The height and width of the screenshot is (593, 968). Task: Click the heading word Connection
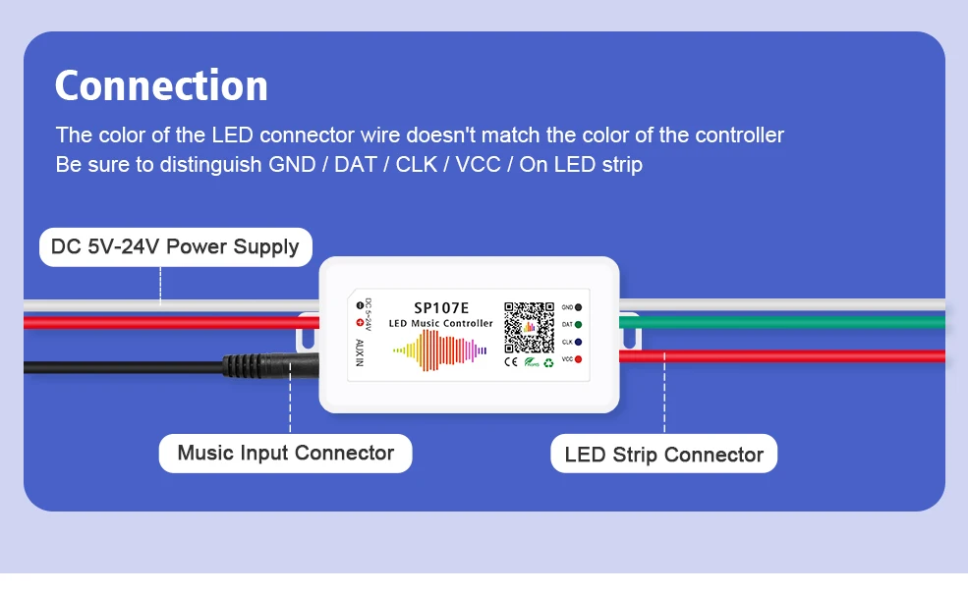point(161,85)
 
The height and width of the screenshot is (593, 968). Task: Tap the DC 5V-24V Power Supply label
point(175,246)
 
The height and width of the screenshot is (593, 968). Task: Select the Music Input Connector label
point(285,454)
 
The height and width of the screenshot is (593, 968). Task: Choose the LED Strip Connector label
point(663,455)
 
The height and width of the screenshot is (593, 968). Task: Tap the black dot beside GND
point(579,307)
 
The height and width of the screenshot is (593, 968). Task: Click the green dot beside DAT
point(579,324)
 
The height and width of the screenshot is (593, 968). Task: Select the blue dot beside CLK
point(579,342)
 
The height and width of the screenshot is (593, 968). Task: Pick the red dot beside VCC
point(579,359)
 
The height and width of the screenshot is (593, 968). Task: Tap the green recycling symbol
point(548,362)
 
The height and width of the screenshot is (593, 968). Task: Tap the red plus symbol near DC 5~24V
point(359,322)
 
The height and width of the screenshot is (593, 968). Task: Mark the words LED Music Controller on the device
point(440,324)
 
